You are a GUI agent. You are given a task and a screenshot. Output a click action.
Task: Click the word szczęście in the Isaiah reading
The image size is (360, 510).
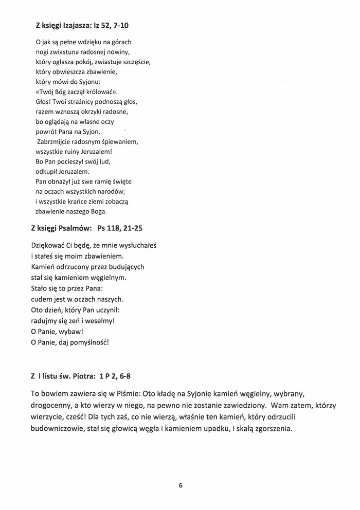135,62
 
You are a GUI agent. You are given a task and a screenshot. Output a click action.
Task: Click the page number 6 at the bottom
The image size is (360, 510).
181,485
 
